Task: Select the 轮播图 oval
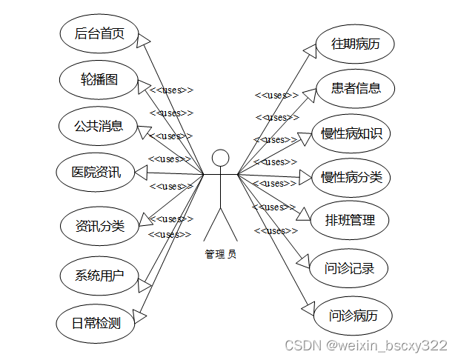point(99,79)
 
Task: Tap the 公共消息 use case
point(99,125)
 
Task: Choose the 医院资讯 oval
point(96,173)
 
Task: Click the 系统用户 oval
point(99,276)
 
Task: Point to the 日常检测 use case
point(96,322)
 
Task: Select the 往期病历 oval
point(355,43)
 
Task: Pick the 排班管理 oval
point(351,220)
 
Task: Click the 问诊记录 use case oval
point(350,267)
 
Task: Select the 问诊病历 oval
point(353,316)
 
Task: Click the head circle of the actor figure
point(220,158)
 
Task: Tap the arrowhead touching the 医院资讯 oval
point(141,173)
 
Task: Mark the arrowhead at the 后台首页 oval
point(145,39)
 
